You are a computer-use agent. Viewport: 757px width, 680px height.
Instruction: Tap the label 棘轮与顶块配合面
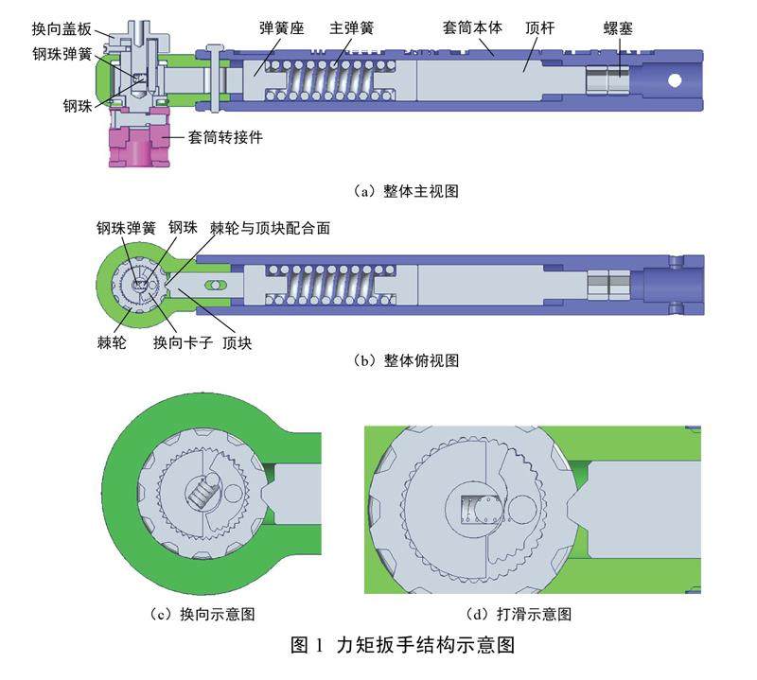point(271,228)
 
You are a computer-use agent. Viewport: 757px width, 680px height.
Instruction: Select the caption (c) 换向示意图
point(202,614)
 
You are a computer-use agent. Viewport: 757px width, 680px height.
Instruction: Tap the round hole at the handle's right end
point(674,80)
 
